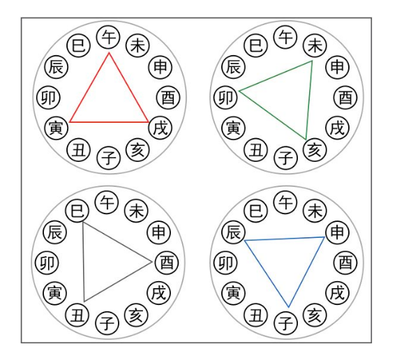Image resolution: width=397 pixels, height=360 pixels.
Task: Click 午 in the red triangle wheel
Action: click(x=108, y=38)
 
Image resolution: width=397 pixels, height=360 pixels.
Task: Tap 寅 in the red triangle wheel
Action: click(x=57, y=128)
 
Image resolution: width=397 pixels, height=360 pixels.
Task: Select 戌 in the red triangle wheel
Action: click(x=160, y=128)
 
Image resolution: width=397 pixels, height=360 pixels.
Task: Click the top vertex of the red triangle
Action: click(x=109, y=52)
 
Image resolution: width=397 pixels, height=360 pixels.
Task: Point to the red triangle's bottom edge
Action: click(x=109, y=122)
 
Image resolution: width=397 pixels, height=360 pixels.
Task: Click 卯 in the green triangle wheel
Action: click(x=225, y=98)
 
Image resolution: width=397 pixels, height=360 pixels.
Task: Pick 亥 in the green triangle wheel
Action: click(x=315, y=150)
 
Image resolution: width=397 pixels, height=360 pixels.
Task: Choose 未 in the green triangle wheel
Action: click(x=315, y=45)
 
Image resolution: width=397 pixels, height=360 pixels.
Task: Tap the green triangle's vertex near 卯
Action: click(x=240, y=91)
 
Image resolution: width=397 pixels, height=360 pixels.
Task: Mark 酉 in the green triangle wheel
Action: click(x=345, y=98)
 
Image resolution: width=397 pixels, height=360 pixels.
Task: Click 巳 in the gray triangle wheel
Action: click(x=77, y=211)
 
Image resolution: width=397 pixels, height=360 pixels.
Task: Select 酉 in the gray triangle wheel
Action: click(x=167, y=262)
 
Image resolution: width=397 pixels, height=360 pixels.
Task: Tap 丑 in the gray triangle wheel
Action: click(x=77, y=315)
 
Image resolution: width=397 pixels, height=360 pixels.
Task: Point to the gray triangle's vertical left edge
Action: click(x=84, y=262)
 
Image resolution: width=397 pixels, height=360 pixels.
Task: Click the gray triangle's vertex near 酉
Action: click(x=151, y=262)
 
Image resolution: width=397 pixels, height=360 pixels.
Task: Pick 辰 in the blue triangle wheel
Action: click(x=234, y=232)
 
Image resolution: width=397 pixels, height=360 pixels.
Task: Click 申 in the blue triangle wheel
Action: click(x=337, y=232)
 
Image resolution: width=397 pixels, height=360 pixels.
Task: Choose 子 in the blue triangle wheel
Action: click(x=285, y=324)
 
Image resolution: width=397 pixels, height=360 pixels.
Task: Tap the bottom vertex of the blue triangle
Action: click(x=289, y=307)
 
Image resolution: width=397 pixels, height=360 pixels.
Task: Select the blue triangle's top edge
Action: click(x=285, y=239)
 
